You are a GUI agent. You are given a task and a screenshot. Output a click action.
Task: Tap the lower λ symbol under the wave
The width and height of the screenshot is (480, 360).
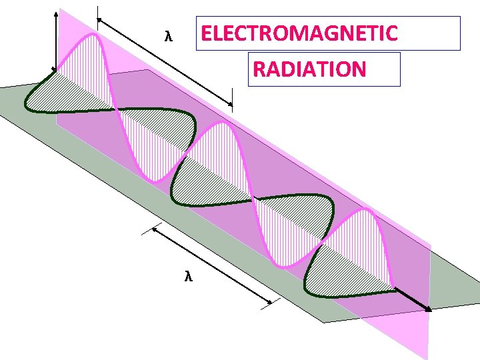[x=189, y=276]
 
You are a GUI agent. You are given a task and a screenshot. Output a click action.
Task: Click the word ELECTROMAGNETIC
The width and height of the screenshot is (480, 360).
[x=299, y=33]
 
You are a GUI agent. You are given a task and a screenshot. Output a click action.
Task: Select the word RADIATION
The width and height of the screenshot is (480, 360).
[x=309, y=69]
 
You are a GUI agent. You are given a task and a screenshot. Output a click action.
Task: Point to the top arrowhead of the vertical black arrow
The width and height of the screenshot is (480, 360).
[x=55, y=12]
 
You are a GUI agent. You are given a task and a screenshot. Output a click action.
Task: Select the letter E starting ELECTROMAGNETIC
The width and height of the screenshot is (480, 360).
[x=206, y=33]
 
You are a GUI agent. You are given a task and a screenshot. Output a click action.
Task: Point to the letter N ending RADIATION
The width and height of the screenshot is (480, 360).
[x=359, y=69]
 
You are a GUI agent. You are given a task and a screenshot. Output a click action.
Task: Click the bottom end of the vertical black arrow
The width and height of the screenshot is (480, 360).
[x=55, y=69]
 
